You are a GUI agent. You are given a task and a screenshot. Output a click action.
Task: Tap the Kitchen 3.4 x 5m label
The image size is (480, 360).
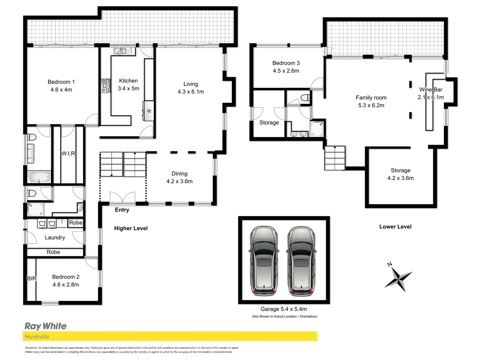coord(128,85)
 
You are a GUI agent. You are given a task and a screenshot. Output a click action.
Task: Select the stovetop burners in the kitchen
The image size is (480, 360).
coord(106,86)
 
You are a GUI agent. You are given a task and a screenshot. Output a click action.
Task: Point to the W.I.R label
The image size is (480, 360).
coord(68,154)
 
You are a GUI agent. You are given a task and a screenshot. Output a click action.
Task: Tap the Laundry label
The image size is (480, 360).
coord(55,238)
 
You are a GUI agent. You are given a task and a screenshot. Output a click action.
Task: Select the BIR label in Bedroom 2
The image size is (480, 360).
coord(31,278)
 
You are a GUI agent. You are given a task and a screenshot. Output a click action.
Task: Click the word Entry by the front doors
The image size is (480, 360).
coord(122,210)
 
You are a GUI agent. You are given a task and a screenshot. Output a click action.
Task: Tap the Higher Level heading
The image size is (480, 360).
coord(131,228)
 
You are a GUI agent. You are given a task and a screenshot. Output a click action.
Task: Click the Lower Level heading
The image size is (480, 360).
coord(395,227)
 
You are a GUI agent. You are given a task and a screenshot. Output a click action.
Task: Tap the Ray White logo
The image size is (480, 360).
coord(46,326)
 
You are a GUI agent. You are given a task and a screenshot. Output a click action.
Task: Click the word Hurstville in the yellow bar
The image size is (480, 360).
coord(37,337)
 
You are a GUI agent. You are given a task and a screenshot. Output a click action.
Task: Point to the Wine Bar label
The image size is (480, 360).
coord(431,90)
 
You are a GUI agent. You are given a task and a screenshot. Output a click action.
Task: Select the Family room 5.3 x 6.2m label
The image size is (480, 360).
coord(371,101)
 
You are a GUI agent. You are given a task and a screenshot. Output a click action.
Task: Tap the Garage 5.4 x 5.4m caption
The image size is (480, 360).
coord(284,309)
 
